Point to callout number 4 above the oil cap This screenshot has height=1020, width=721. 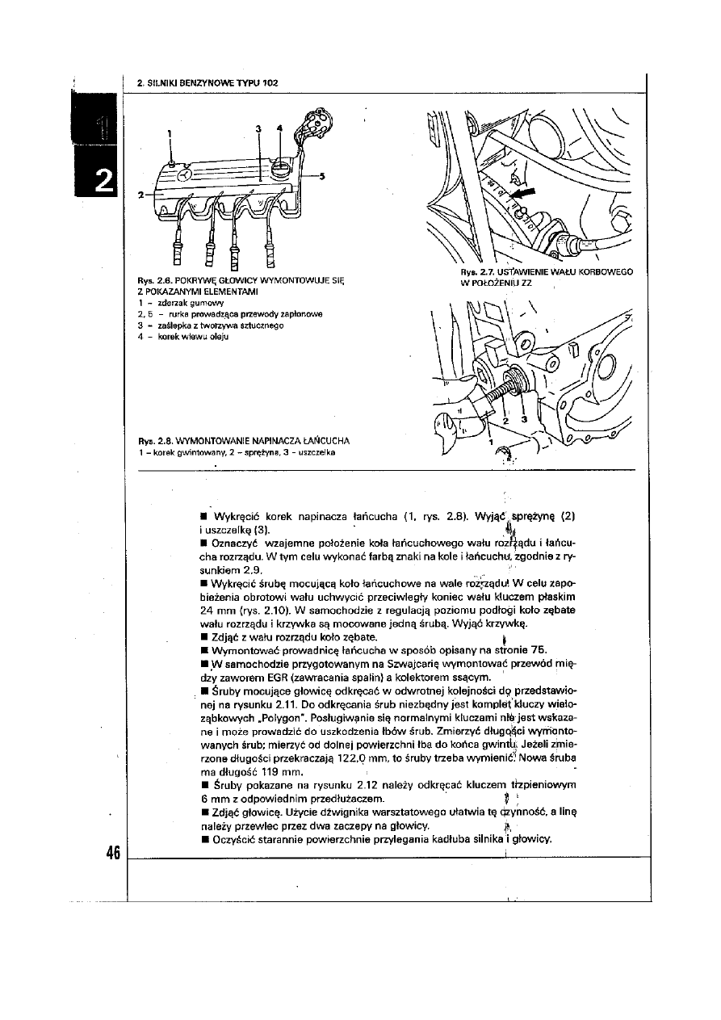point(279,128)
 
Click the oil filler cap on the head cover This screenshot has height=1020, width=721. point(279,168)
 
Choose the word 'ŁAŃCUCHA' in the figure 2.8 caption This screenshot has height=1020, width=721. point(322,442)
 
